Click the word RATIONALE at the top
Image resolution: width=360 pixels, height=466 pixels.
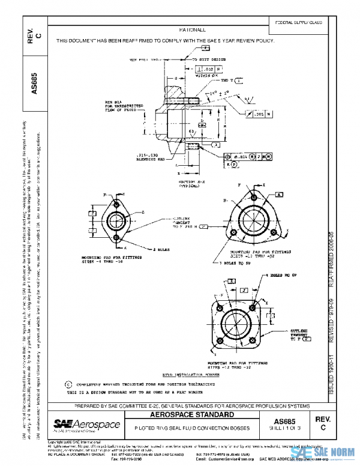pos(191,29)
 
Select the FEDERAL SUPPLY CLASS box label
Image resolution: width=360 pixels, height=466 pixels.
pos(298,22)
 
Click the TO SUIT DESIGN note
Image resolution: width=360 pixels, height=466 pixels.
pos(209,60)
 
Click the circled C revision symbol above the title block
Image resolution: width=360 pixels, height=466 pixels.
pos(67,383)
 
